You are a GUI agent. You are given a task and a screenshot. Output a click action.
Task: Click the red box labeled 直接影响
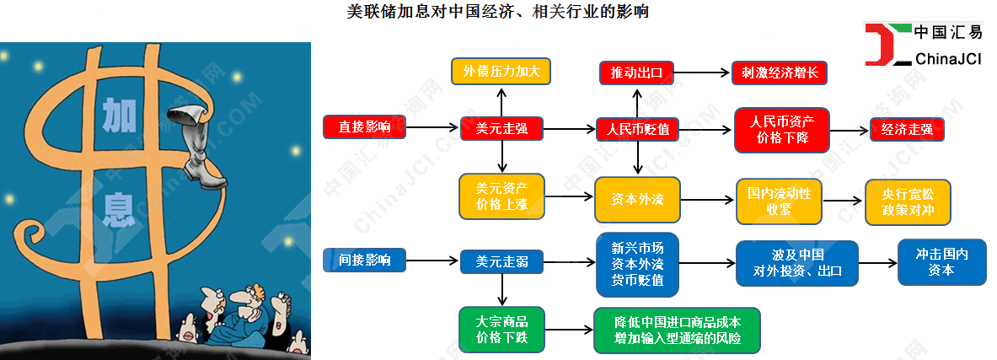click(364, 127)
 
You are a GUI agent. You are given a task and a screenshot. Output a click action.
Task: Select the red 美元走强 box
click(501, 128)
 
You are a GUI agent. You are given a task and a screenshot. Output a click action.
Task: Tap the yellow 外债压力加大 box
click(501, 71)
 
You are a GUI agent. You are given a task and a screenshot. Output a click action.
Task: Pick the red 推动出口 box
click(636, 73)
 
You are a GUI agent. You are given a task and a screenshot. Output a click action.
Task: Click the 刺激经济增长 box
click(780, 73)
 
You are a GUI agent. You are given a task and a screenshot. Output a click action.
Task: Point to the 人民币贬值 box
click(638, 129)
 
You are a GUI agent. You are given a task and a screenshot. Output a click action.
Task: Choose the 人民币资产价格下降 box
click(781, 130)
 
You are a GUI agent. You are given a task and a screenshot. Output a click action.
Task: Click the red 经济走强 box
click(907, 130)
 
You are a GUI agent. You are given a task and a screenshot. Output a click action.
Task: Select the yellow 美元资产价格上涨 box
click(501, 196)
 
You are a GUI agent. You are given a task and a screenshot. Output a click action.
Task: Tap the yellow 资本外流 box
click(637, 200)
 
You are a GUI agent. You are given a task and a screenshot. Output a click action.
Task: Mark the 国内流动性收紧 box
click(778, 201)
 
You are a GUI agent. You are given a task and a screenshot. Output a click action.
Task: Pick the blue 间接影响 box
click(364, 260)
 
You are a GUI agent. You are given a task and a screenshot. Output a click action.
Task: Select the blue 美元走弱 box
click(501, 262)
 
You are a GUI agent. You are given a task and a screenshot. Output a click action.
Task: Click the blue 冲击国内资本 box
click(941, 262)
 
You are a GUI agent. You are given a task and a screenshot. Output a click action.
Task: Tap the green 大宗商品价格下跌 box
click(501, 330)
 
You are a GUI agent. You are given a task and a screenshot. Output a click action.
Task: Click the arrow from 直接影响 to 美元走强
click(431, 128)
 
